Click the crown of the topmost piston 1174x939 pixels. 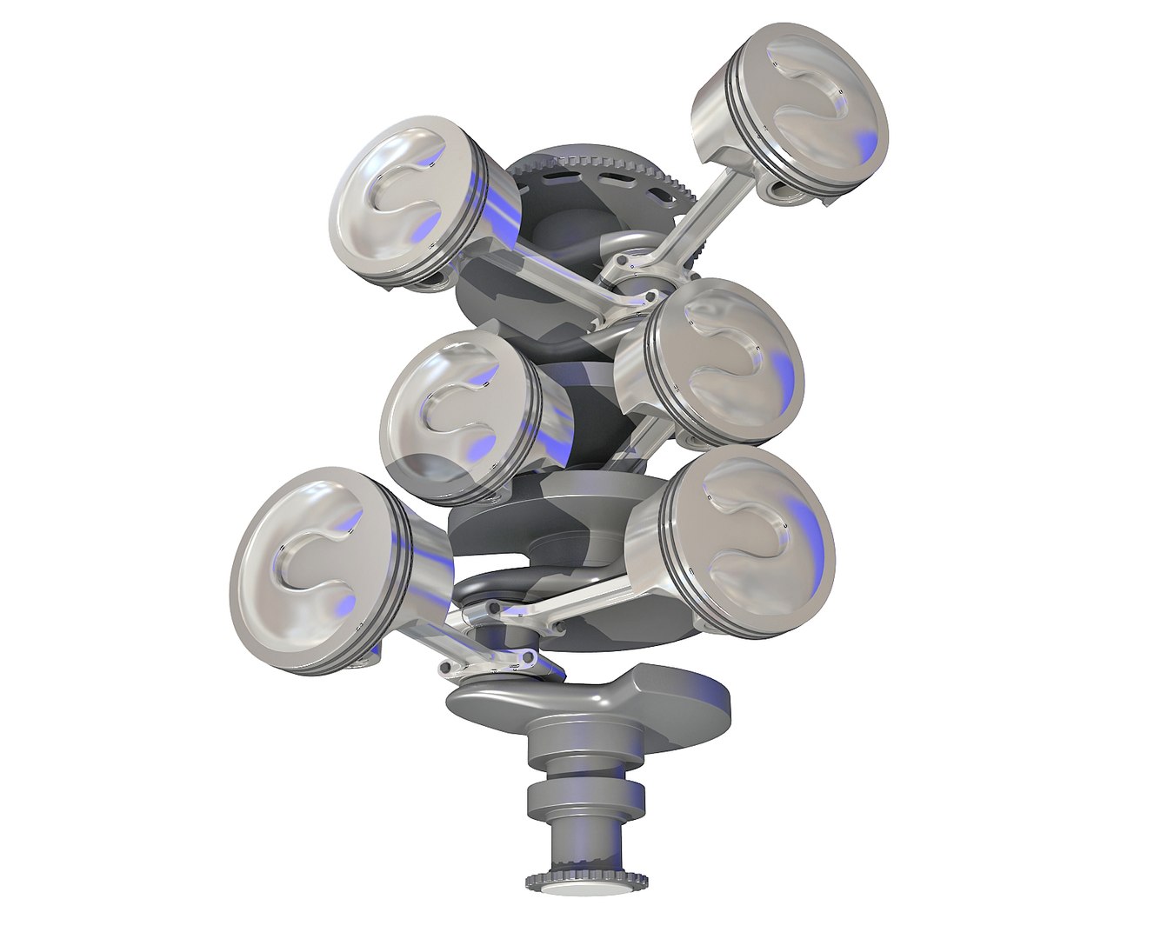coord(813,109)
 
